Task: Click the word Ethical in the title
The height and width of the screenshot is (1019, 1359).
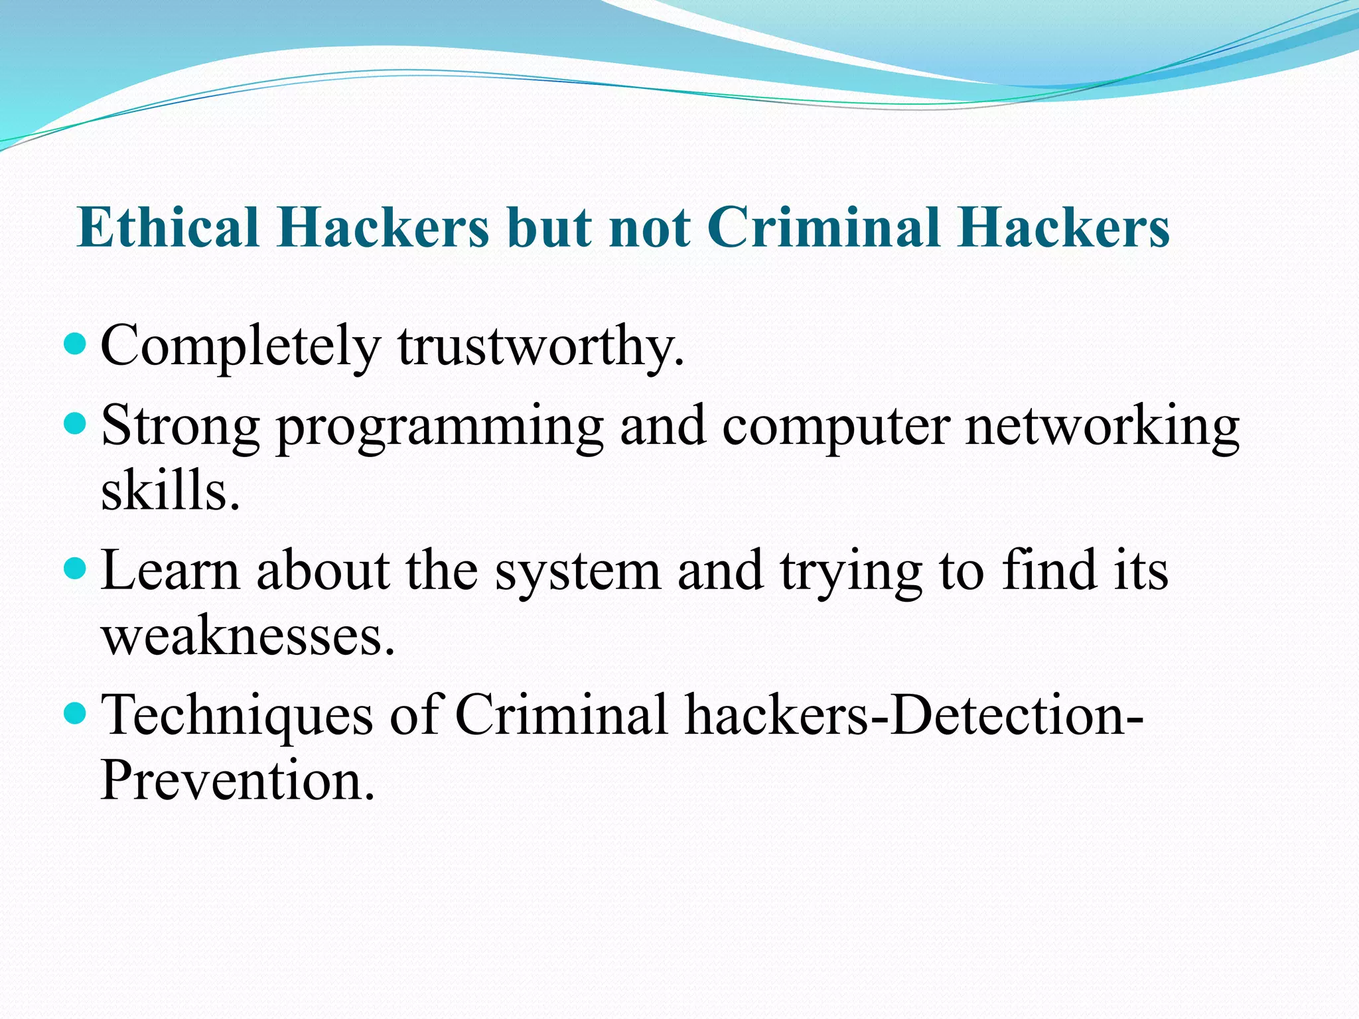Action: [x=167, y=228]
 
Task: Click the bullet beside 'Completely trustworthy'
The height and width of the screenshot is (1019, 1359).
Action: [x=77, y=343]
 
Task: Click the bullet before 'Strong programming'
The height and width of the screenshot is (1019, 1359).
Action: [x=77, y=423]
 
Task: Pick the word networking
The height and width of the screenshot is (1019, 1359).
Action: [x=1102, y=427]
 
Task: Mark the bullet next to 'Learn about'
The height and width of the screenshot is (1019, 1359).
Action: [x=77, y=568]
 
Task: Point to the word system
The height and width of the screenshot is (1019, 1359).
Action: [x=577, y=572]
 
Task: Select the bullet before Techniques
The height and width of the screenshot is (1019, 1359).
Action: [x=77, y=713]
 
